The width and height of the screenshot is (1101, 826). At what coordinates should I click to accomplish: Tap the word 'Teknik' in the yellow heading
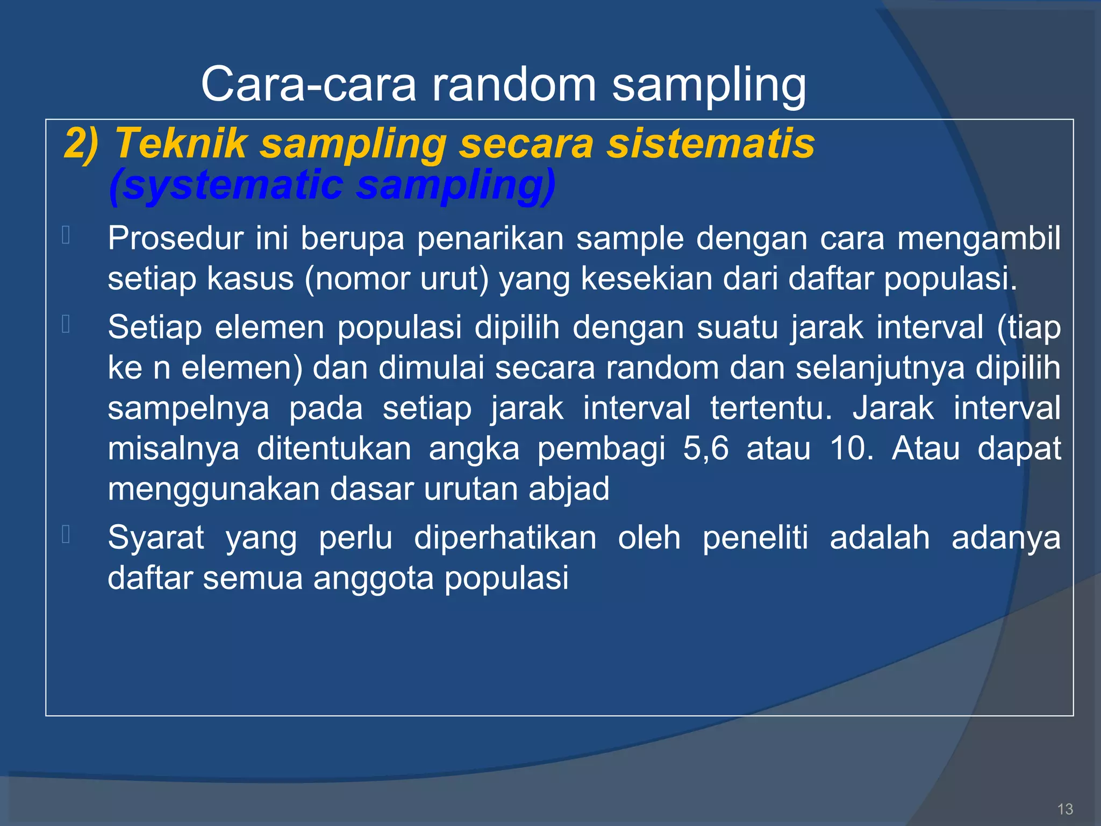[x=181, y=144]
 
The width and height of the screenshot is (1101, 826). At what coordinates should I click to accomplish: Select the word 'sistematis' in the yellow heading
[x=710, y=144]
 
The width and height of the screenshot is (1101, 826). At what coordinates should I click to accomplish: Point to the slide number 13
[x=1064, y=809]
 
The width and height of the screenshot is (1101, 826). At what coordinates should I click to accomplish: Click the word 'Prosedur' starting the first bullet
[x=175, y=238]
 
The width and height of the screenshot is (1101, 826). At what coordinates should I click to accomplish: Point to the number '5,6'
[x=705, y=448]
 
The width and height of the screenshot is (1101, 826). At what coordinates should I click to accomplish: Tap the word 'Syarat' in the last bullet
[x=156, y=538]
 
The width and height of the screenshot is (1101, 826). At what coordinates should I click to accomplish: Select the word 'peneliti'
[x=755, y=538]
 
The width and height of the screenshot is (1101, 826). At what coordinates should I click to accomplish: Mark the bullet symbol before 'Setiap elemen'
[x=66, y=324]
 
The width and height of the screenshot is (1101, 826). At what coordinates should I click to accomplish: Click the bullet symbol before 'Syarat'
[x=66, y=535]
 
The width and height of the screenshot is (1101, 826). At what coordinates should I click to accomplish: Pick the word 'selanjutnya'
[x=880, y=368]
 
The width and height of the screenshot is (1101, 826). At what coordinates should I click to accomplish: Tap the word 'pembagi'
[x=601, y=448]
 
